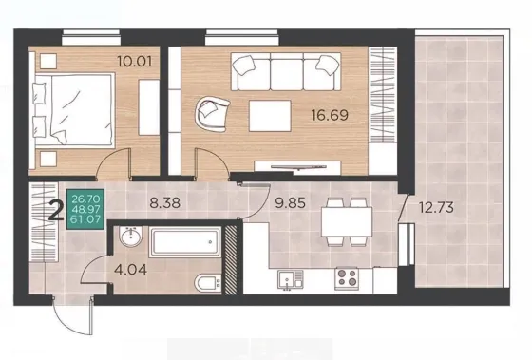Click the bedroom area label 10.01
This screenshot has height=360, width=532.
pyautogui.click(x=135, y=62)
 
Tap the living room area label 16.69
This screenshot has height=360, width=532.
pyautogui.click(x=330, y=115)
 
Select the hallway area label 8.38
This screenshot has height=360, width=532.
pyautogui.click(x=165, y=203)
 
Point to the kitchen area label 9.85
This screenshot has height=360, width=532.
pyautogui.click(x=290, y=203)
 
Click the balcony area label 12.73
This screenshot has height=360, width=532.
pyautogui.click(x=436, y=207)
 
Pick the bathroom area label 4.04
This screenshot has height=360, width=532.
pyautogui.click(x=131, y=270)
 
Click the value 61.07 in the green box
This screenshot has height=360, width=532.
pyautogui.click(x=85, y=219)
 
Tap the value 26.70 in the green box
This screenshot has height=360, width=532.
pyautogui.click(x=85, y=198)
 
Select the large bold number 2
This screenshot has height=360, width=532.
pyautogui.click(x=56, y=210)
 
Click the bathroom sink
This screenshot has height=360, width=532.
pyautogui.click(x=131, y=237)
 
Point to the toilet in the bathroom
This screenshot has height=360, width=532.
pyautogui.click(x=208, y=282)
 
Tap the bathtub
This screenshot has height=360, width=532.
pyautogui.click(x=185, y=242)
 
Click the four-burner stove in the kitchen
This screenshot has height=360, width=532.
pyautogui.click(x=347, y=278)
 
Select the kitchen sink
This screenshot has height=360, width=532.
pyautogui.click(x=290, y=279)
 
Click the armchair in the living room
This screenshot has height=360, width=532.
pyautogui.click(x=212, y=114)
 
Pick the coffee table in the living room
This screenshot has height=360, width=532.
pyautogui.click(x=270, y=116)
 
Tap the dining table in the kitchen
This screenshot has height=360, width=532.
pyautogui.click(x=347, y=221)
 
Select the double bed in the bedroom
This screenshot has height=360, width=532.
pyautogui.click(x=74, y=110)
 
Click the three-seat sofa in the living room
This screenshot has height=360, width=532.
pyautogui.click(x=286, y=71)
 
